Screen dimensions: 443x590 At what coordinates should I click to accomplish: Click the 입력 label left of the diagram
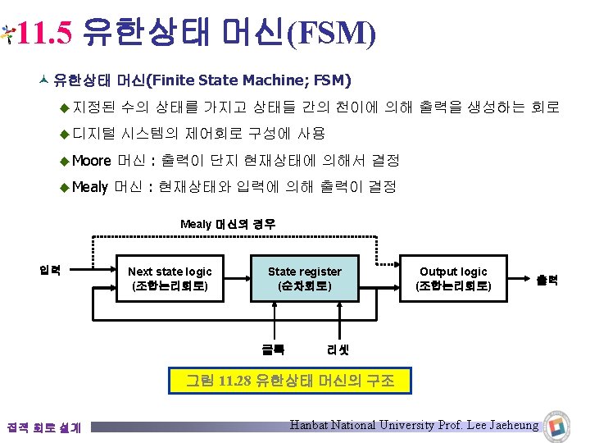click(51, 270)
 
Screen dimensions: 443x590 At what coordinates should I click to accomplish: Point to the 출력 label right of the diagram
click(547, 280)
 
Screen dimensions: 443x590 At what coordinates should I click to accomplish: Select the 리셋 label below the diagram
click(338, 349)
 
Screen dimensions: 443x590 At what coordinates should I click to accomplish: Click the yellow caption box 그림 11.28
click(289, 381)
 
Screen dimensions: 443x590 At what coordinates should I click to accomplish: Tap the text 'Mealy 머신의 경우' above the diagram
click(228, 224)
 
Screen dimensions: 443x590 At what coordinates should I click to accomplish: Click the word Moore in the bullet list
click(91, 160)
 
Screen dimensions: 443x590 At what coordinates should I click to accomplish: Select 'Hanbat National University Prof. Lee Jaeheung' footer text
click(415, 425)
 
